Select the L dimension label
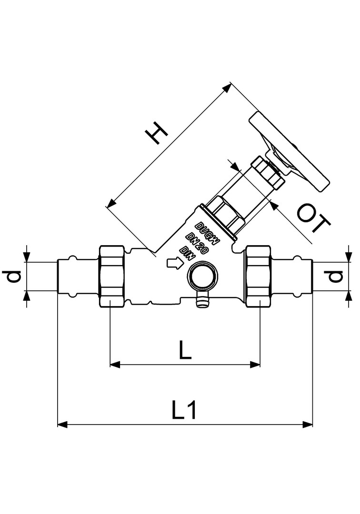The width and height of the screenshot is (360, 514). (x=185, y=349)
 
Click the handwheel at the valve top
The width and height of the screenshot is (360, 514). (x=289, y=152)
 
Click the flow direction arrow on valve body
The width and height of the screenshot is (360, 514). (x=174, y=263)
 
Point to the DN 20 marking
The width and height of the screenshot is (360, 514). (x=197, y=243)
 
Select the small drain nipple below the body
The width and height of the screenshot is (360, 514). (x=202, y=301)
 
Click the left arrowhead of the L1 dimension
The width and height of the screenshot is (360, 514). (x=62, y=425)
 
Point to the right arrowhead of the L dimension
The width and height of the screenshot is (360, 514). (x=255, y=364)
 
